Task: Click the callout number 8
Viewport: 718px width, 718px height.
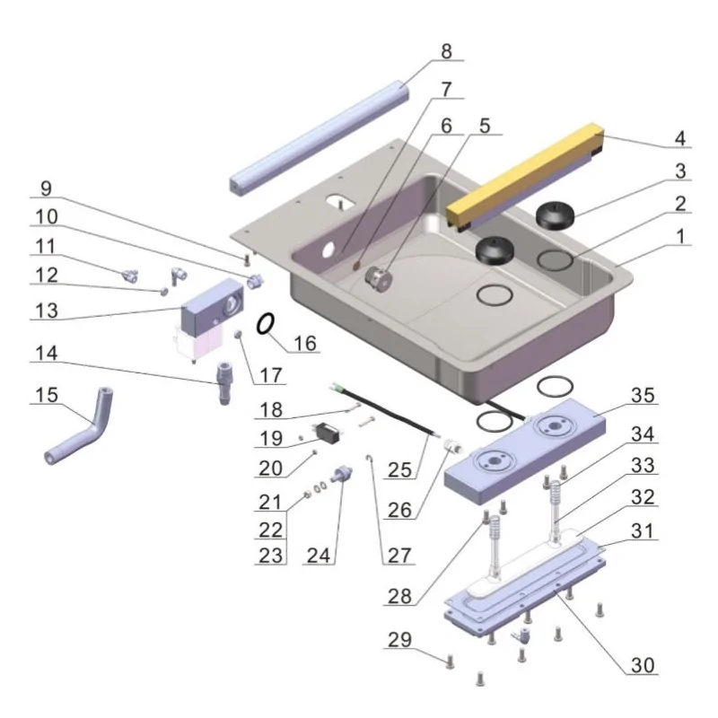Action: point(446,51)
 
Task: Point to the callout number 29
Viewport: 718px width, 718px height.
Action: point(400,640)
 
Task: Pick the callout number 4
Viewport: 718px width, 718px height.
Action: point(679,139)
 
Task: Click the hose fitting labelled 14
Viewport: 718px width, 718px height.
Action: point(222,382)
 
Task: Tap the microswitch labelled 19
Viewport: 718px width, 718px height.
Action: point(325,433)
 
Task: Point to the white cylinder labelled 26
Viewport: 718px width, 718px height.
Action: point(454,443)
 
